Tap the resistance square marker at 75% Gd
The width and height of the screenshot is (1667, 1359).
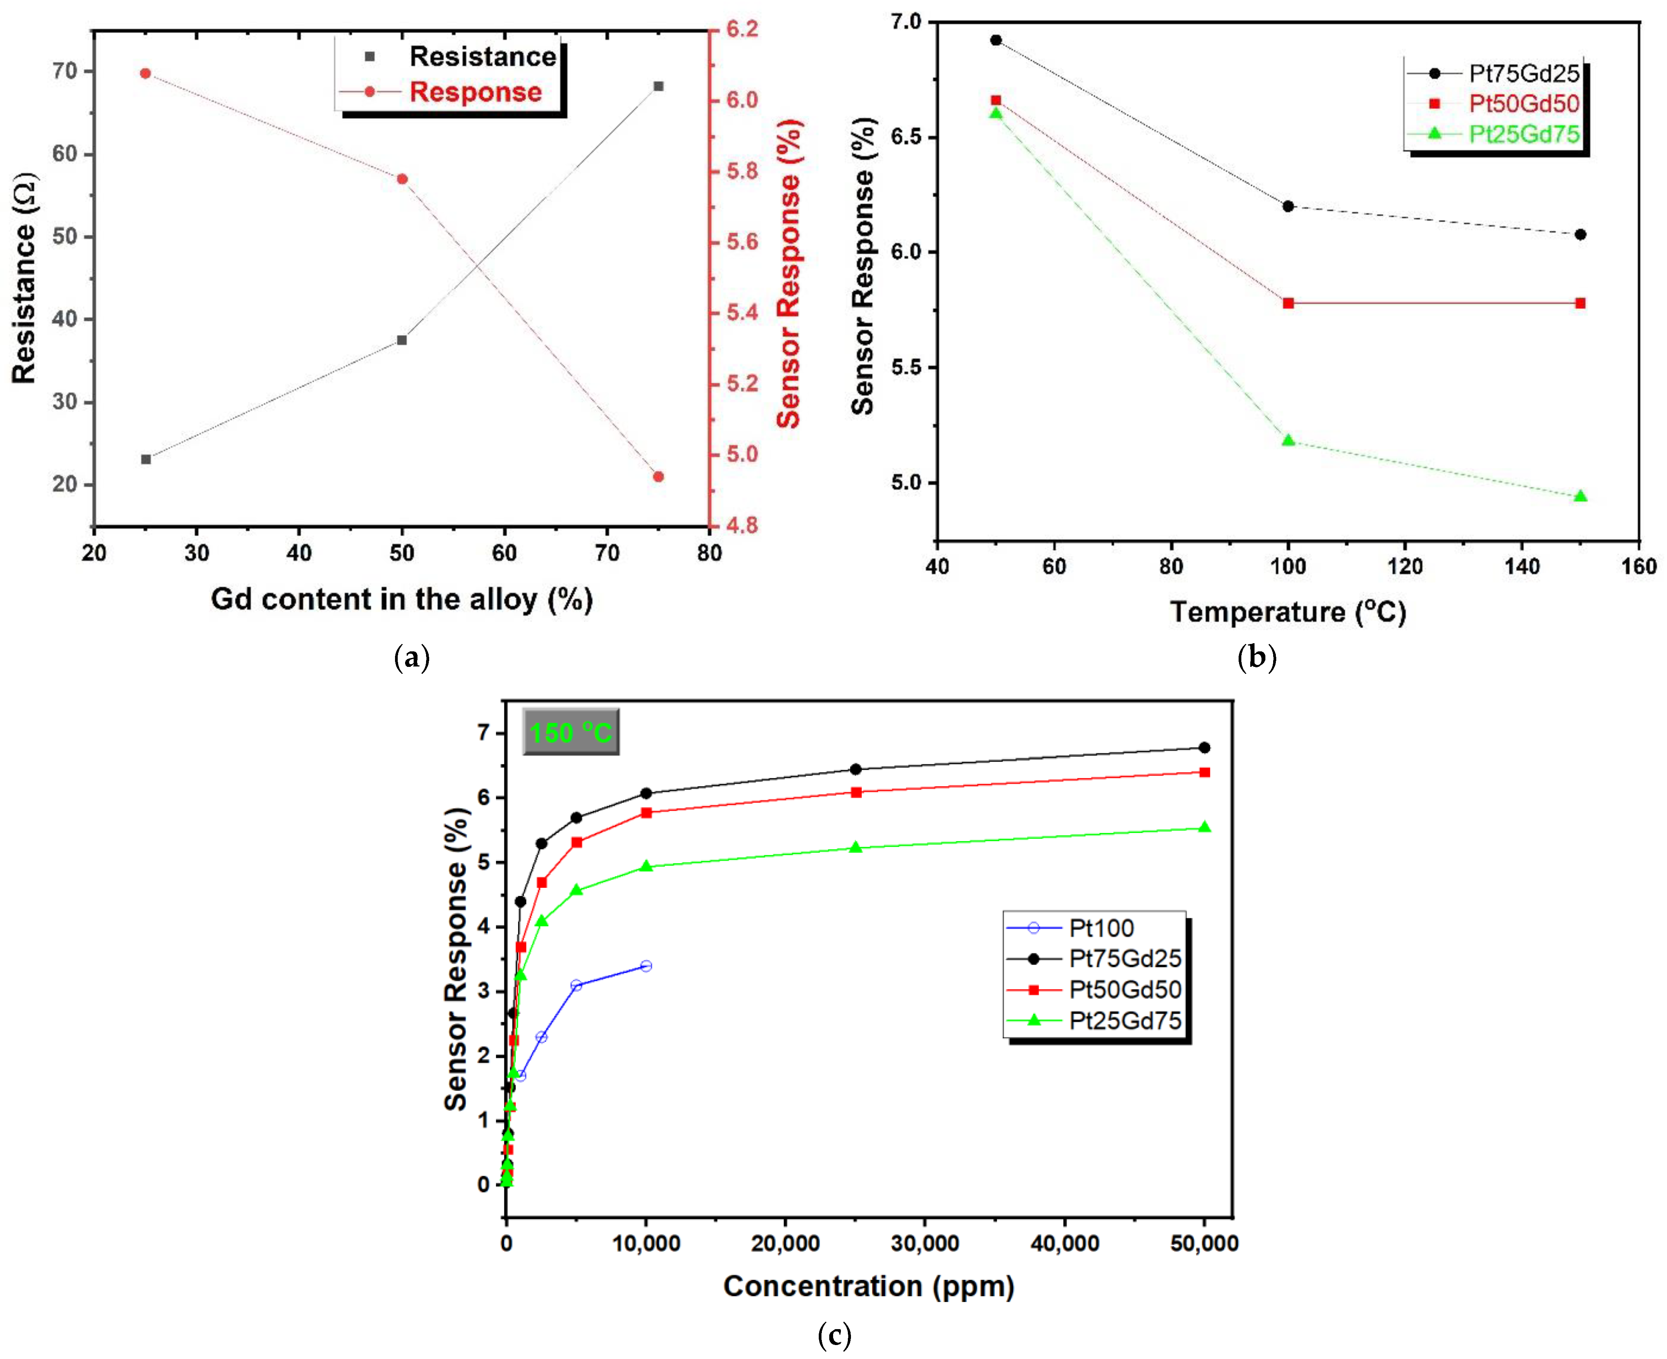pyautogui.click(x=658, y=86)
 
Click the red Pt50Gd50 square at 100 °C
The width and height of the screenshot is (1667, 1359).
pyautogui.click(x=1288, y=303)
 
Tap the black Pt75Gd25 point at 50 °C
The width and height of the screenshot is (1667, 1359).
pyautogui.click(x=995, y=40)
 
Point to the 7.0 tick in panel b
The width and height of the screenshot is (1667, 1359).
pyautogui.click(x=906, y=22)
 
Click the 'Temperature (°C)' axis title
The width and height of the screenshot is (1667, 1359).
pyautogui.click(x=1288, y=611)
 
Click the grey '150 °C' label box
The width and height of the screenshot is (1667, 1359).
pyautogui.click(x=570, y=732)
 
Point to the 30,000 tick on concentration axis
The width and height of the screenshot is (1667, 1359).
pyautogui.click(x=925, y=1243)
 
